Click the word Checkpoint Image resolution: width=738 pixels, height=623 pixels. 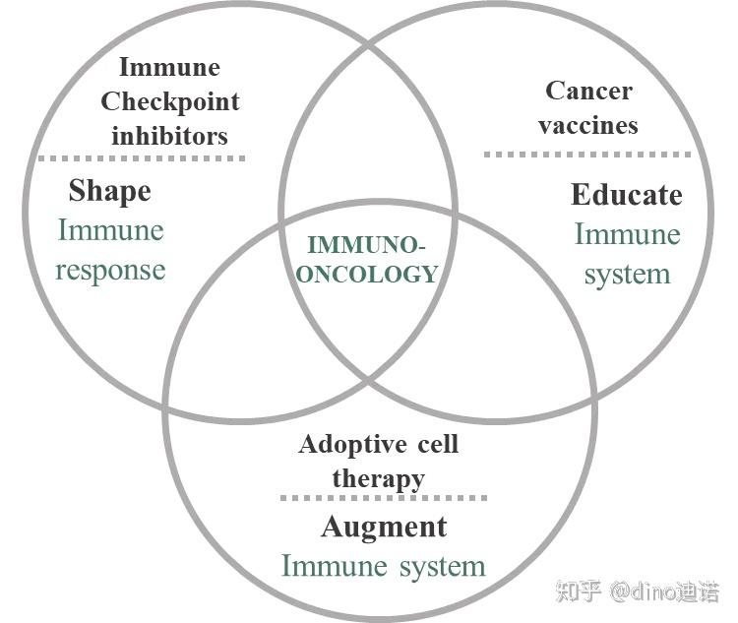click(x=169, y=101)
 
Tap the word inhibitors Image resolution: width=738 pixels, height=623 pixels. click(x=169, y=135)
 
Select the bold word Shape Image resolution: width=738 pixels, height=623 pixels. click(x=109, y=190)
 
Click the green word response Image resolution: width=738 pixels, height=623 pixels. click(x=110, y=270)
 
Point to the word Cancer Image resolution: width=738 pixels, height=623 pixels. click(x=588, y=91)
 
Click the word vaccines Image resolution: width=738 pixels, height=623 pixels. click(x=588, y=125)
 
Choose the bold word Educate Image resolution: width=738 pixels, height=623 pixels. click(x=626, y=194)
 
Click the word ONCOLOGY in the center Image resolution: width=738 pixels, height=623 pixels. click(x=367, y=275)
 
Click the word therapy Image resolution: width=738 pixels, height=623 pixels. click(x=378, y=478)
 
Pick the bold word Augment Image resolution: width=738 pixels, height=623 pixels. click(x=383, y=527)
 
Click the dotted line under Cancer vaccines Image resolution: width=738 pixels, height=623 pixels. click(x=588, y=154)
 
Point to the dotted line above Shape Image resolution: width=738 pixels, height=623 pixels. click(x=141, y=156)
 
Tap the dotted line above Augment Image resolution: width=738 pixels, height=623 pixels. click(x=383, y=498)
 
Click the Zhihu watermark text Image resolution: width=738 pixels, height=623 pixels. click(x=637, y=592)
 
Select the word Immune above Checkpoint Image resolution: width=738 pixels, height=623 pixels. click(x=169, y=67)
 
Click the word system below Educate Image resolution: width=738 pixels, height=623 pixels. click(x=627, y=274)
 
